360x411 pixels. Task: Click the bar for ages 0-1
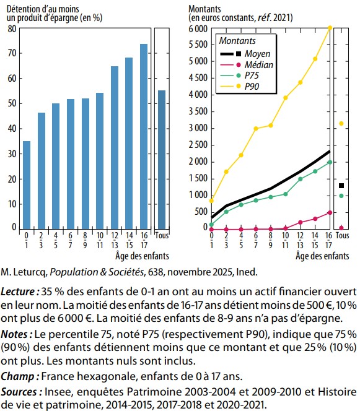[27, 184]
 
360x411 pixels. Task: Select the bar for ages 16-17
[143, 136]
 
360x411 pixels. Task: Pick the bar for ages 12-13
[114, 147]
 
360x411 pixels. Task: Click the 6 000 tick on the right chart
[198, 28]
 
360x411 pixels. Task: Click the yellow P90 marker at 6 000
[330, 28]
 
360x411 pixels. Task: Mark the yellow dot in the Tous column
[341, 123]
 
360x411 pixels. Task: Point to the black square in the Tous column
[341, 186]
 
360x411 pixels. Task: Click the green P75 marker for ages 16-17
[330, 162]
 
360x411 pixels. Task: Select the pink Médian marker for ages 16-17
[330, 212]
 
